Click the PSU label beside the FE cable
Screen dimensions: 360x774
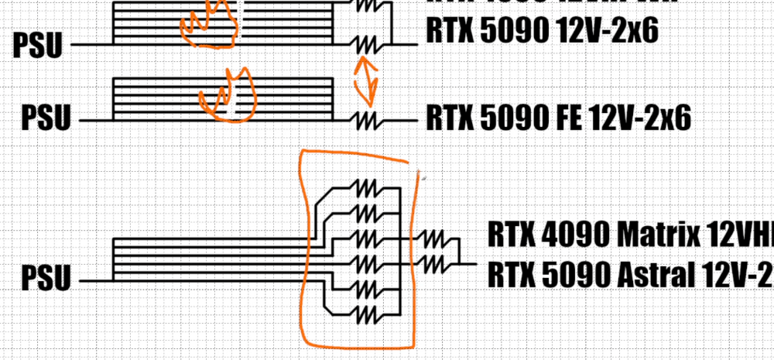[45, 120]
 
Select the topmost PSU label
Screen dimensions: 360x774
[38, 46]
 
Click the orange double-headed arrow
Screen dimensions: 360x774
[366, 80]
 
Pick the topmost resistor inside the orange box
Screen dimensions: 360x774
[365, 187]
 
